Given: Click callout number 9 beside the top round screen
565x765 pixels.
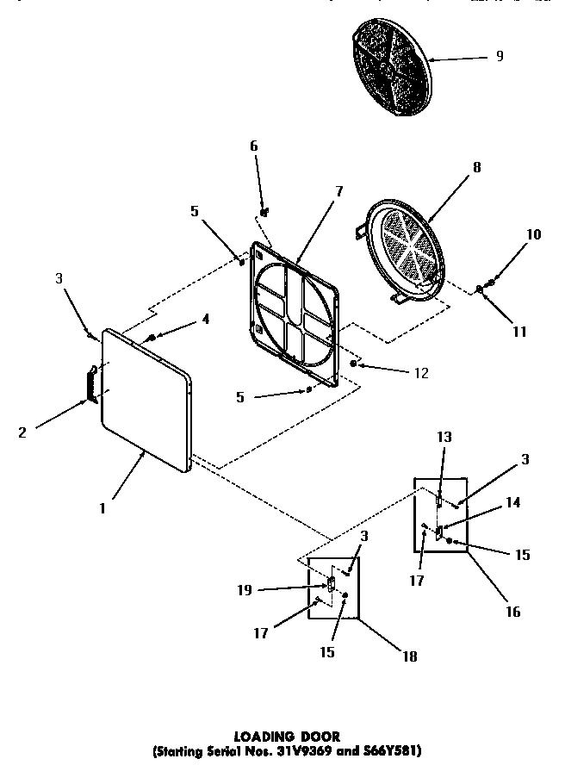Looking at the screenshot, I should tap(500, 57).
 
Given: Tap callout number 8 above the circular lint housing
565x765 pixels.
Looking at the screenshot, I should tap(476, 170).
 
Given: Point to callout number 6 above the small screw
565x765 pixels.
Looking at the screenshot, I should tap(254, 146).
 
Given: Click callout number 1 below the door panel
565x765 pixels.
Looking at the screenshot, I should tap(102, 507).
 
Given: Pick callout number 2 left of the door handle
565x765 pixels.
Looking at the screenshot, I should tap(22, 432).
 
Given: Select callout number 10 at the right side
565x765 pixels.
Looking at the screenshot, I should tap(534, 234).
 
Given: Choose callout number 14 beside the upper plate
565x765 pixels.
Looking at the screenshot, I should tap(512, 502).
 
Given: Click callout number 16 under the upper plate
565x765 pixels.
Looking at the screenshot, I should tap(512, 613).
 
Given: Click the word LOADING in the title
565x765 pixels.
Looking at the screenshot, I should tap(261, 737).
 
